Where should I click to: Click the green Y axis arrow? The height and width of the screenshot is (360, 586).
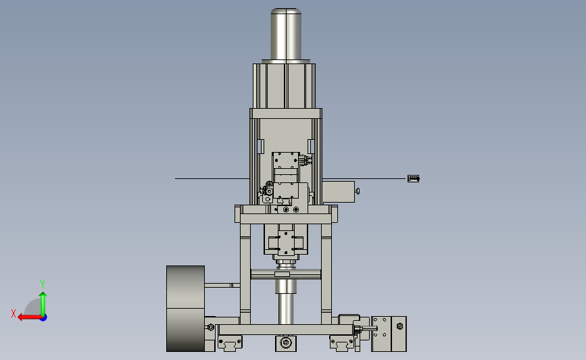[43, 304]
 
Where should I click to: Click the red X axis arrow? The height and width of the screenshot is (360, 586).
[30, 317]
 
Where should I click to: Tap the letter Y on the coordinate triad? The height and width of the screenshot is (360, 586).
[43, 284]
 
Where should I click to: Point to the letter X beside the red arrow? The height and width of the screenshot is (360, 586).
[14, 313]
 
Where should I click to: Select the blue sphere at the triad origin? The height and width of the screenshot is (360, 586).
[44, 318]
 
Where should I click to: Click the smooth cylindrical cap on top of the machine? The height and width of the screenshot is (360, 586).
[286, 34]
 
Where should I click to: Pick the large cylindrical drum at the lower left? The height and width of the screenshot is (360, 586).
[185, 309]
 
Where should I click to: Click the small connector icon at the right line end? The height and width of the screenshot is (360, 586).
[414, 178]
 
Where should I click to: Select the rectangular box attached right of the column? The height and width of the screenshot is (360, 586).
[338, 192]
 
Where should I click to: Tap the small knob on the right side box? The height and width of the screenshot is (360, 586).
[358, 191]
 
